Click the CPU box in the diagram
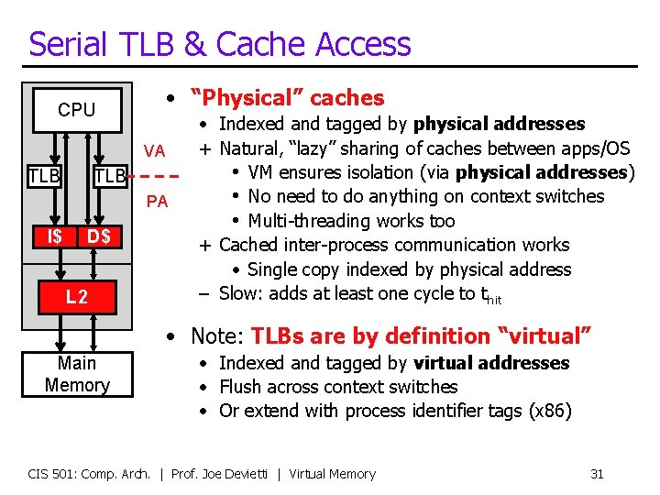[76, 110]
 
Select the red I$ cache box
[55, 237]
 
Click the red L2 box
[77, 296]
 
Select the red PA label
[157, 201]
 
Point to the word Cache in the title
[271, 44]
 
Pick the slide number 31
[597, 474]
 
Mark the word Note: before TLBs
[217, 336]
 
